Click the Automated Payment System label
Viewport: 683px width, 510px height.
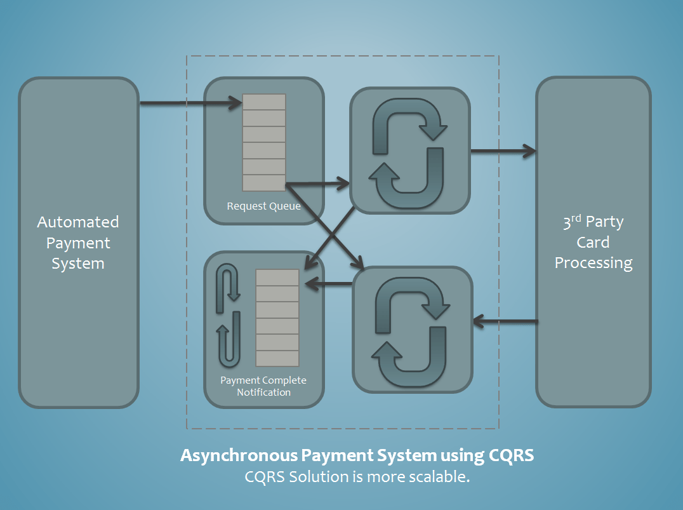click(x=78, y=243)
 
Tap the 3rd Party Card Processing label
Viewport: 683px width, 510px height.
click(x=593, y=243)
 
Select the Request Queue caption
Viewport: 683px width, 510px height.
click(x=264, y=206)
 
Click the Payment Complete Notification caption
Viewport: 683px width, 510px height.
click(x=263, y=386)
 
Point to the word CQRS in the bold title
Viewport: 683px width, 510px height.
click(x=512, y=455)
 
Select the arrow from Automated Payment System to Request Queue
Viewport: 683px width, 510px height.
click(x=190, y=102)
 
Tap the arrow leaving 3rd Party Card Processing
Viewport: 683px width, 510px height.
click(x=505, y=322)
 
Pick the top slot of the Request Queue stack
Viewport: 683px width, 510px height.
click(x=264, y=102)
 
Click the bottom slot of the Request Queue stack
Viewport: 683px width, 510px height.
click(x=264, y=182)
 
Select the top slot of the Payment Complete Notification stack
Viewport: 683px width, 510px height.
click(x=277, y=278)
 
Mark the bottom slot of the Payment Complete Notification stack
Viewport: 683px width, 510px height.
click(x=277, y=358)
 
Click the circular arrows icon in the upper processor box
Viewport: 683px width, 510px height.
click(x=409, y=150)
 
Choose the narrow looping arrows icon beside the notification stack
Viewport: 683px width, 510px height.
click(x=229, y=316)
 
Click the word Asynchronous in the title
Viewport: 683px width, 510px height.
click(x=239, y=455)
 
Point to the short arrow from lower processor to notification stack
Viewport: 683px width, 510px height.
click(x=328, y=283)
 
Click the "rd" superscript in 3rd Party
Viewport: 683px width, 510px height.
click(x=576, y=217)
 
